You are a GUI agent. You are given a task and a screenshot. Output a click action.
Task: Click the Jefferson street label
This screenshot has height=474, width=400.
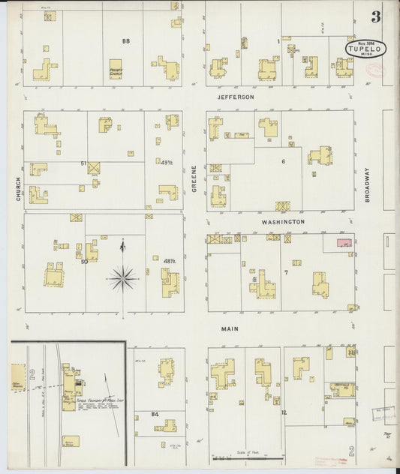point(236,97)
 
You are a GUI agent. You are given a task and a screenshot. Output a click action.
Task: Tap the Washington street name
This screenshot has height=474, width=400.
point(283,222)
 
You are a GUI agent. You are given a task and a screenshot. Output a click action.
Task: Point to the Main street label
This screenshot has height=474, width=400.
point(230,328)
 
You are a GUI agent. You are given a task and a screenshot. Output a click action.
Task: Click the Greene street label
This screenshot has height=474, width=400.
point(194,180)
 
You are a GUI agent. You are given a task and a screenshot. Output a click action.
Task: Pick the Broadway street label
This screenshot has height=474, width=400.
point(368,184)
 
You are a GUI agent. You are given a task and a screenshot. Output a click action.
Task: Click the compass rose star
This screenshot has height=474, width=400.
point(123,277)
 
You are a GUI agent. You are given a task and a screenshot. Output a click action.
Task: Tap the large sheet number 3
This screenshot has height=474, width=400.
point(374,16)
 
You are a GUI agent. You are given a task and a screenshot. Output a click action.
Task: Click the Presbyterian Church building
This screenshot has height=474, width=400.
point(116,69)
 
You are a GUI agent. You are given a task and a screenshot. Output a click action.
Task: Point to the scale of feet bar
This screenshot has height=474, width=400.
point(247,457)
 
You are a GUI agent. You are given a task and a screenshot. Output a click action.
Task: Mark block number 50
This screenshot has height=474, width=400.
point(85,261)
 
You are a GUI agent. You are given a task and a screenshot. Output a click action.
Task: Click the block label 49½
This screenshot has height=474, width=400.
point(167,162)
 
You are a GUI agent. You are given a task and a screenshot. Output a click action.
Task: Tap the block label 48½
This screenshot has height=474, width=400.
point(169,261)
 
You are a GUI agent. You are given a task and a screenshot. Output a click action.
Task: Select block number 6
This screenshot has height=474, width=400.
point(284,162)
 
